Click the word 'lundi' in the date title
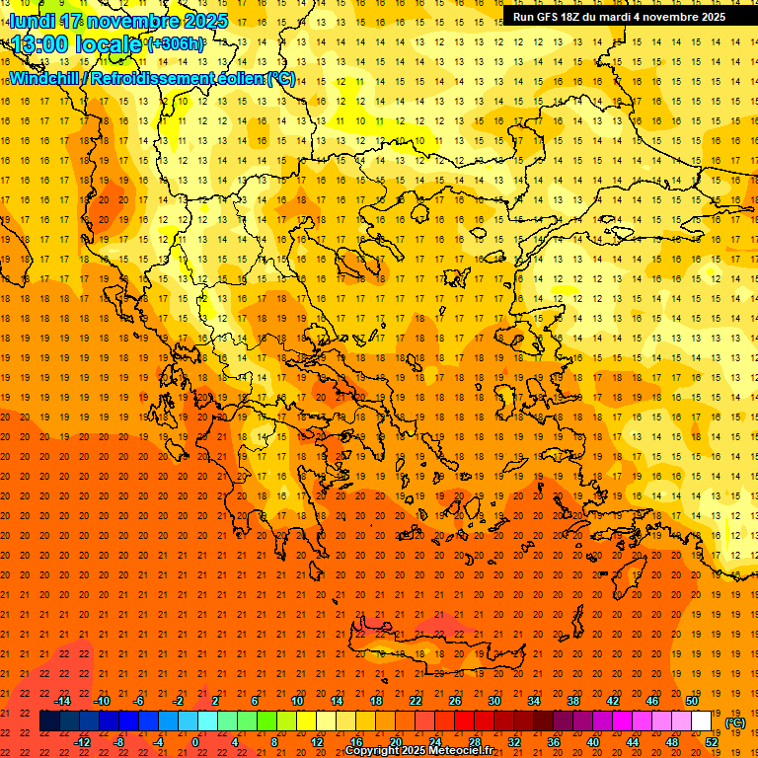click(32, 20)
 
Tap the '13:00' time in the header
click(39, 44)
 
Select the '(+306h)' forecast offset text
click(176, 44)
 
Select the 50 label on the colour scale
click(691, 701)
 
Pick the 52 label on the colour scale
click(712, 741)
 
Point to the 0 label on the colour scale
click(195, 741)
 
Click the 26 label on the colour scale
click(455, 701)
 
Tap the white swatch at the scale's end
click(701, 721)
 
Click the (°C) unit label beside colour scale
click(735, 722)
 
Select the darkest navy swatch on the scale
click(49, 721)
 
